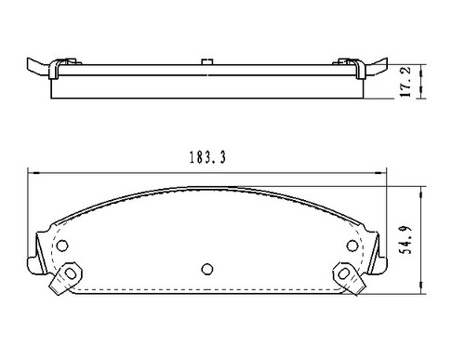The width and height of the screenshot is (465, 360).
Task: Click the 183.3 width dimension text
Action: click(x=204, y=159)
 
